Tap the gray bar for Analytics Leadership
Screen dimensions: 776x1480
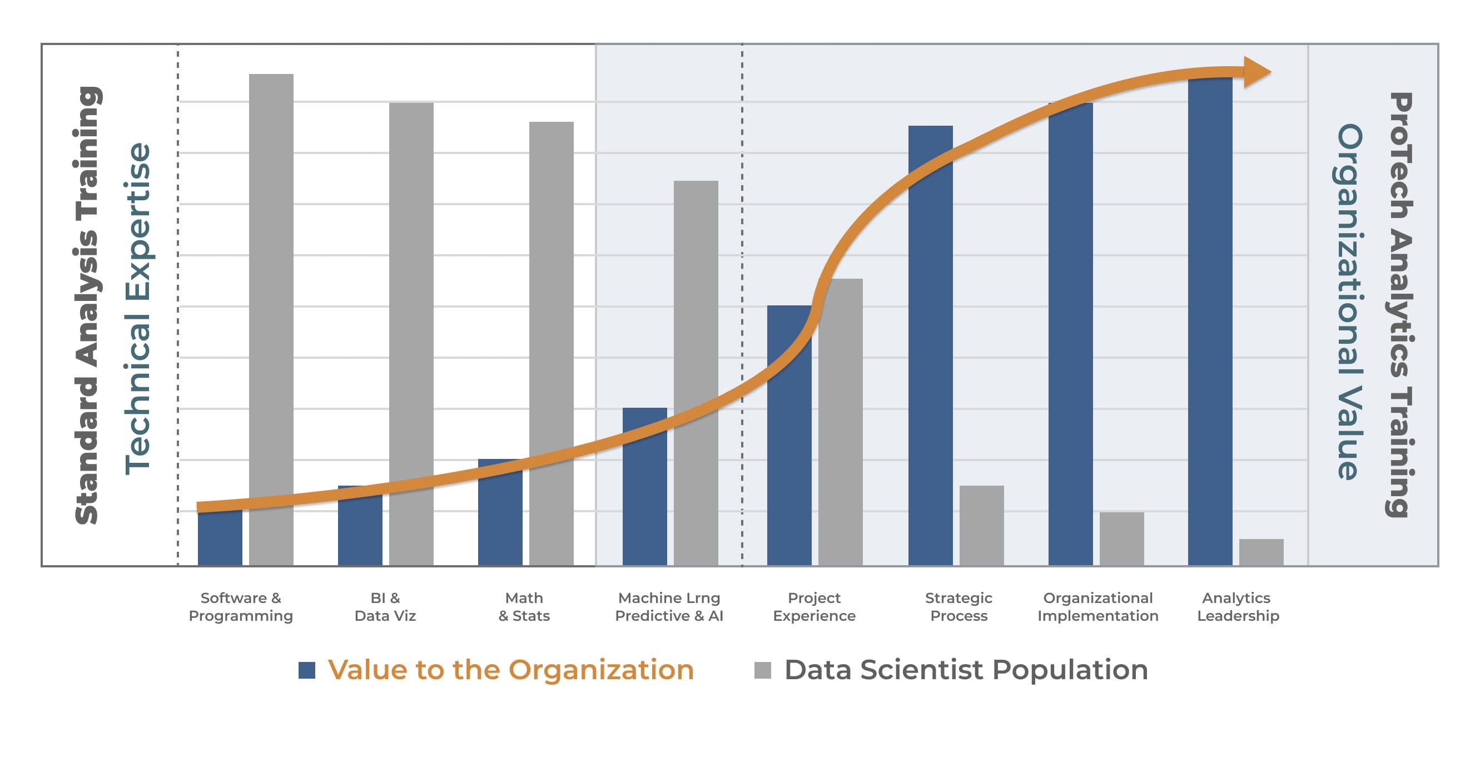1261,552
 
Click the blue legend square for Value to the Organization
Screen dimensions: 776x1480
307,670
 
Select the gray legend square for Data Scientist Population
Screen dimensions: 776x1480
762,670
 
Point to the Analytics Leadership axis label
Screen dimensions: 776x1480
1238,606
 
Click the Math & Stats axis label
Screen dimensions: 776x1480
524,606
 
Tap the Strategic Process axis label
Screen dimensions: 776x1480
958,606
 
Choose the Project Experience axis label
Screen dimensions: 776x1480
814,606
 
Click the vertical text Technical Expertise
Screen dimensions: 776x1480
138,309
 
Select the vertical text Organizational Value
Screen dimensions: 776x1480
1349,301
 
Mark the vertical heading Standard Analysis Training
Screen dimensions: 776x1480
87,305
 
